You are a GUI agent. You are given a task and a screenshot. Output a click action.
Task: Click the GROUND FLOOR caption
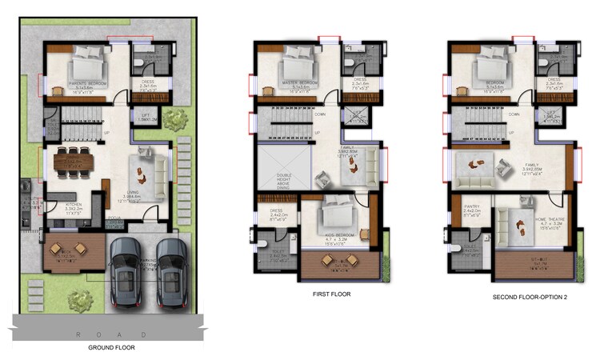111,348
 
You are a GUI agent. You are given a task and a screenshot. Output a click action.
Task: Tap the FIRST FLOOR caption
330,294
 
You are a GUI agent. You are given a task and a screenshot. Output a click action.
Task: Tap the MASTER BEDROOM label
299,82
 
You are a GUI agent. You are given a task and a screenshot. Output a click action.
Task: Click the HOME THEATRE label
533,235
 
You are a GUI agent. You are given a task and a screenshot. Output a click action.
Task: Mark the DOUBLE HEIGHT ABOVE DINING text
284,182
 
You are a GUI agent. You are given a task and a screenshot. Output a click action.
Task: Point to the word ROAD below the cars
111,334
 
